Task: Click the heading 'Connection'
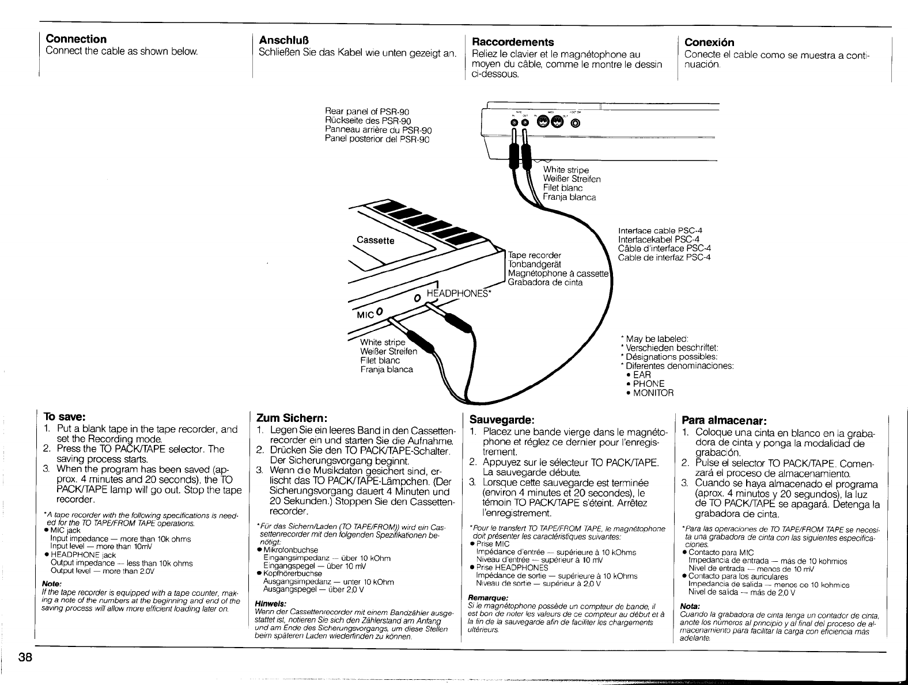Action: (76, 39)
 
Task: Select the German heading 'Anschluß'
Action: (285, 40)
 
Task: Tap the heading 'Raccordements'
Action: (513, 42)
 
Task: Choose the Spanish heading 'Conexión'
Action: (709, 42)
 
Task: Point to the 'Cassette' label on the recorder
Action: (376, 240)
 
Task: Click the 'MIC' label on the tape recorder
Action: (366, 314)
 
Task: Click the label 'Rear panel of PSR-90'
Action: (367, 111)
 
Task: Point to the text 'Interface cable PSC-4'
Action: (659, 230)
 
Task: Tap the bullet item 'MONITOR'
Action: (653, 393)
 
